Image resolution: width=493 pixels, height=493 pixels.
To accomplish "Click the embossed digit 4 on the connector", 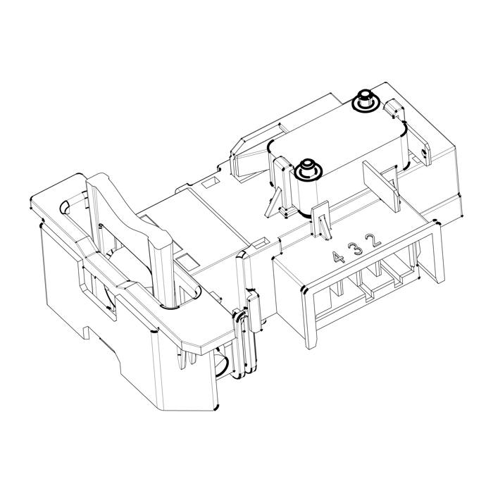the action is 339,258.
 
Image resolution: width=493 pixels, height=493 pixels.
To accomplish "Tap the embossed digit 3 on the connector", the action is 357,249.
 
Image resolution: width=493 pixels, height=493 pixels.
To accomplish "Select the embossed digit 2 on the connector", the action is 375,240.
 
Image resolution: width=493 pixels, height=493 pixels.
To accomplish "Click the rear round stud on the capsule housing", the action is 366,100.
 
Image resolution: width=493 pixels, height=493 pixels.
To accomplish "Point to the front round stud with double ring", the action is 308,170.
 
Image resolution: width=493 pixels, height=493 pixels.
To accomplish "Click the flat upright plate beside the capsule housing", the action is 381,187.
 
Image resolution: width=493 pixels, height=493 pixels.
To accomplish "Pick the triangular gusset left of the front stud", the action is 273,203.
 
